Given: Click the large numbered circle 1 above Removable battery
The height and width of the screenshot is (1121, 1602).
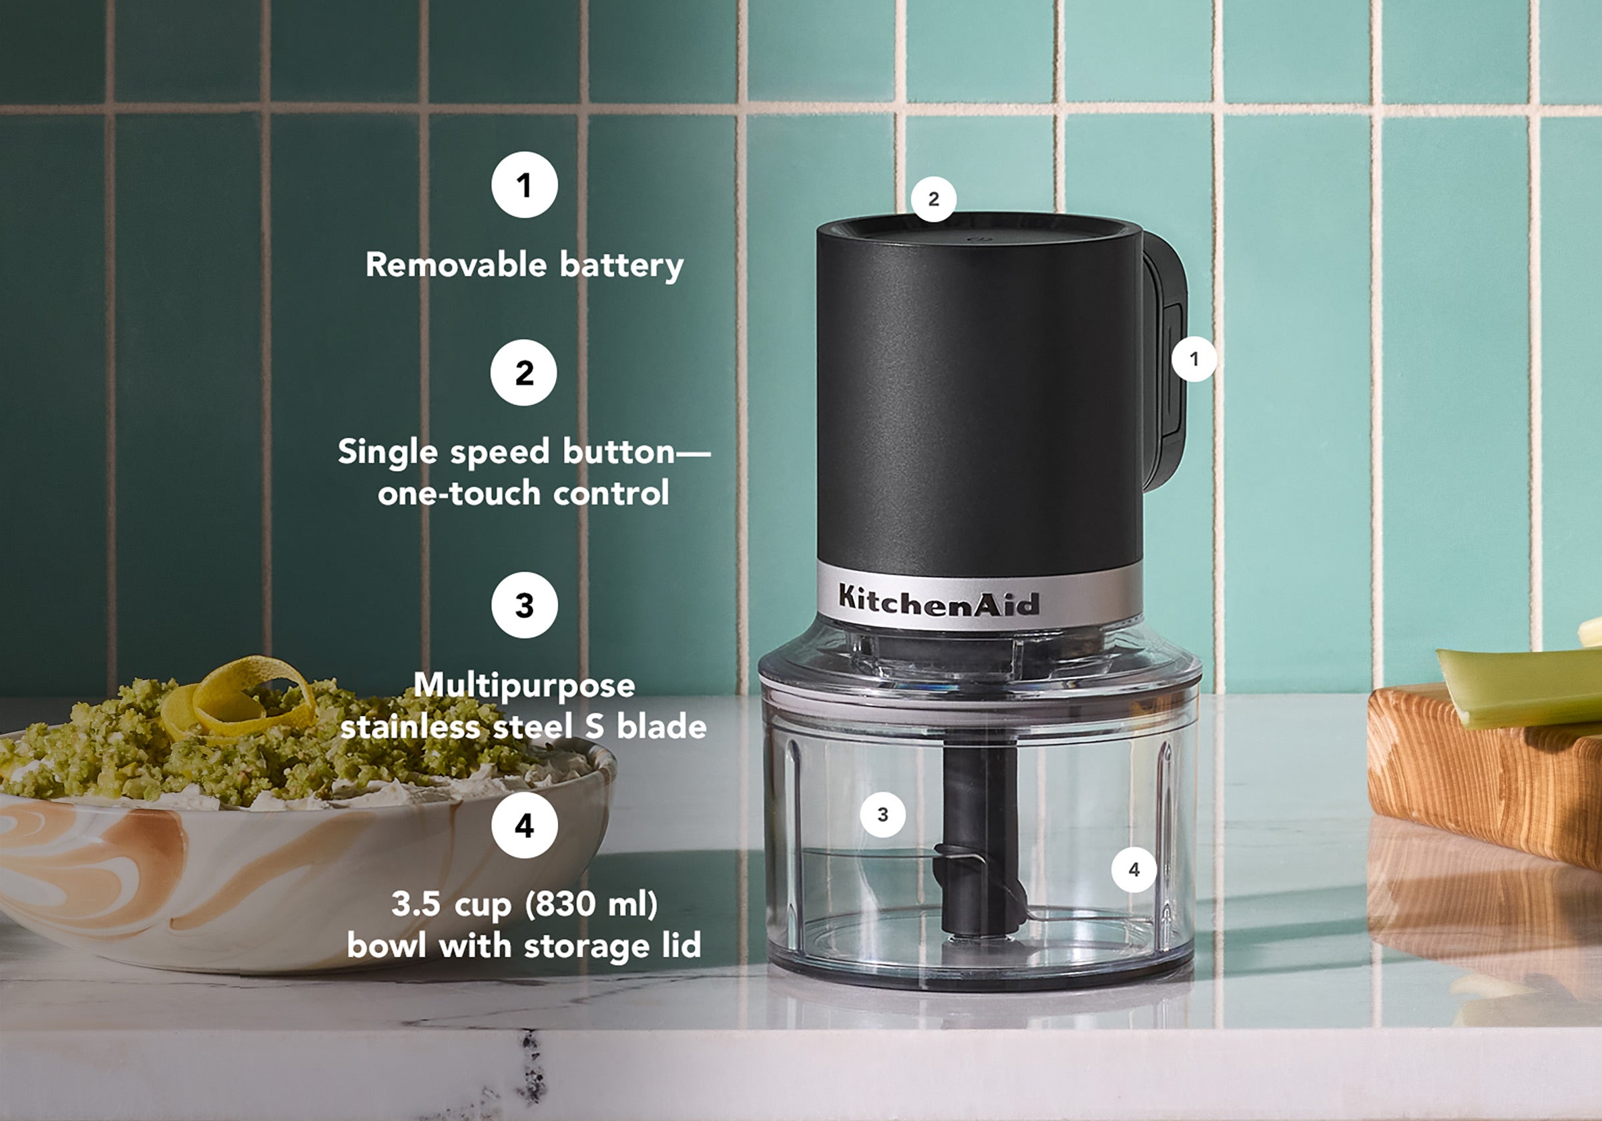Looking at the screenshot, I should [524, 185].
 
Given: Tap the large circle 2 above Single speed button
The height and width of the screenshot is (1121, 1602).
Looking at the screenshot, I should [523, 372].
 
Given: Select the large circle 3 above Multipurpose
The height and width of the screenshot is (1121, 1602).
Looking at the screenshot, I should [524, 605].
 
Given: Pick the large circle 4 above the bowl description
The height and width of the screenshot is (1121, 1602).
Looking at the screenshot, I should [524, 825].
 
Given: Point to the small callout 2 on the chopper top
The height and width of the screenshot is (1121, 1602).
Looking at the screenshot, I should [934, 199].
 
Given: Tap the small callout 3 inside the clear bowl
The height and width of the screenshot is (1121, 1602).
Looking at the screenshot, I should [882, 814].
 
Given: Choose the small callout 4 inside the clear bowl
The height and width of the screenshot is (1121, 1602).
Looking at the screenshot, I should [1134, 869].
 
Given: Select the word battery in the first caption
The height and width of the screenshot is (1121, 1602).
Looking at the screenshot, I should [621, 266].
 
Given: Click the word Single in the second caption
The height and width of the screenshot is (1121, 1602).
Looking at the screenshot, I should [387, 452].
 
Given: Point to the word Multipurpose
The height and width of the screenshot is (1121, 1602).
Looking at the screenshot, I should [524, 685].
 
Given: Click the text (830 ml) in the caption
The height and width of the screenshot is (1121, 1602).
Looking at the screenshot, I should [591, 904].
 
